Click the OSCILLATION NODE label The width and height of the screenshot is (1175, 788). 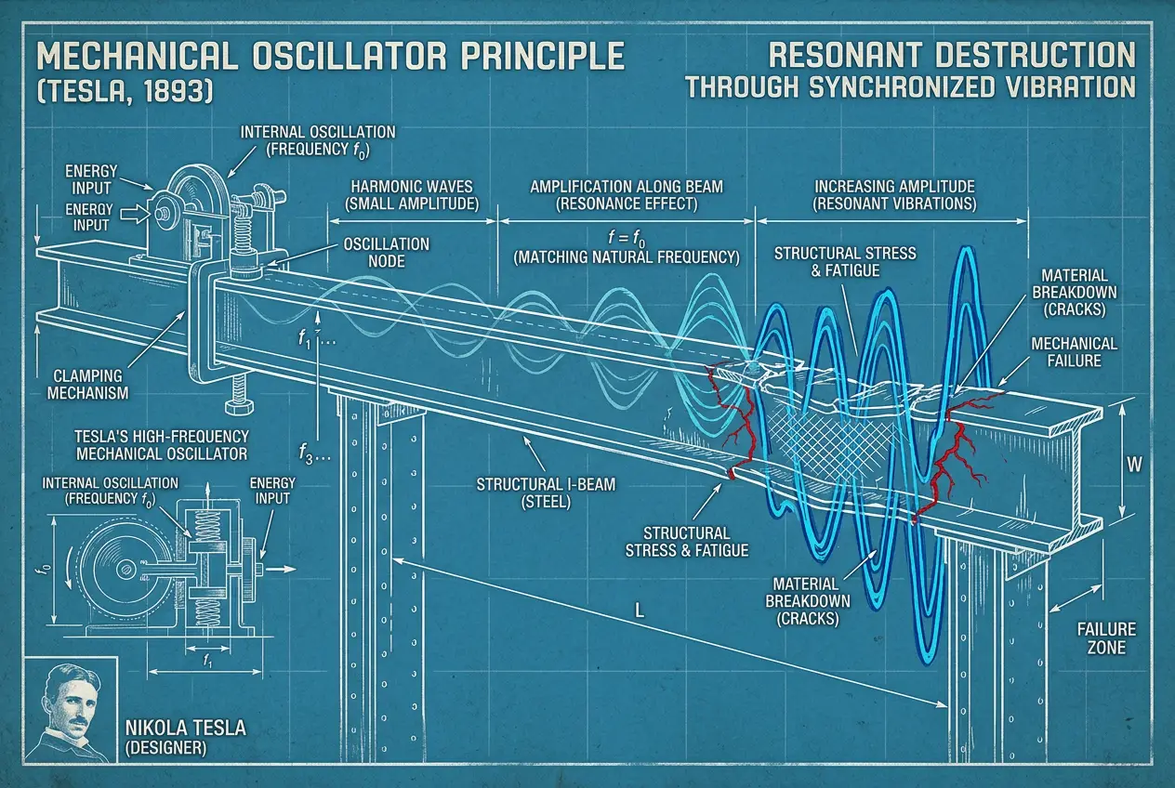pyautogui.click(x=386, y=253)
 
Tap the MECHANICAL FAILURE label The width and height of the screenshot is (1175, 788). pyautogui.click(x=1074, y=351)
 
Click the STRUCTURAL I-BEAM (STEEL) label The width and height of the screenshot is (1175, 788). pyautogui.click(x=523, y=492)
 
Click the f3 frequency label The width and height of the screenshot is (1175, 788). pyautogui.click(x=311, y=457)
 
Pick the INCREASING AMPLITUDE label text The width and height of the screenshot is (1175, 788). pyautogui.click(x=894, y=185)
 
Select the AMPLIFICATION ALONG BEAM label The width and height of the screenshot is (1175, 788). pyautogui.click(x=627, y=185)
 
